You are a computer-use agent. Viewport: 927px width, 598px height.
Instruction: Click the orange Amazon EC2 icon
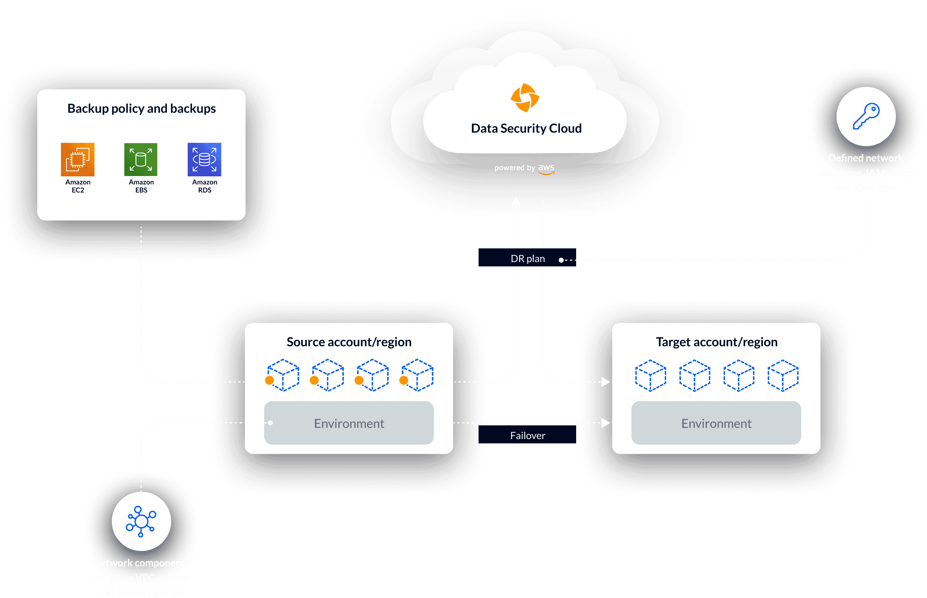click(78, 160)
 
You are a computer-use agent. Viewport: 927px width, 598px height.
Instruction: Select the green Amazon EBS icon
click(141, 160)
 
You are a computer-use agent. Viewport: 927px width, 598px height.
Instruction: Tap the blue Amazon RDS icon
click(204, 160)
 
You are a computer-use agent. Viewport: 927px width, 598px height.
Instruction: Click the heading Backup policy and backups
click(141, 108)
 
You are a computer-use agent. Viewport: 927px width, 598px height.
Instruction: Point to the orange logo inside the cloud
click(525, 97)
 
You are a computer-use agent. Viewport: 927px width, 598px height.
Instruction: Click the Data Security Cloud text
click(526, 129)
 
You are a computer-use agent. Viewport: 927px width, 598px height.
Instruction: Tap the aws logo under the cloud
click(546, 169)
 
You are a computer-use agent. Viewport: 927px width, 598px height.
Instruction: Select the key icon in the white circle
click(866, 116)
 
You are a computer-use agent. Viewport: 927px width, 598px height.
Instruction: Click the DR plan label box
click(527, 258)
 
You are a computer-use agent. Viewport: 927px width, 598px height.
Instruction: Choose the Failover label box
click(527, 435)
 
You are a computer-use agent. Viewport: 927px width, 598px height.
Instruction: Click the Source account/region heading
click(349, 342)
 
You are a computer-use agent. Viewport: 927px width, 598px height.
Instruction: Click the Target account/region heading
click(716, 342)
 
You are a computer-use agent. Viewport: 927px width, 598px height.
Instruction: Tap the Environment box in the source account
click(349, 423)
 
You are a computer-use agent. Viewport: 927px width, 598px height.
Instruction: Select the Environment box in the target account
click(716, 423)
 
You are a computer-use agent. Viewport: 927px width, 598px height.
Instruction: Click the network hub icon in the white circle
click(141, 521)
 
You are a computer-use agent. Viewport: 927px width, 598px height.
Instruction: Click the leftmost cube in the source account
click(283, 375)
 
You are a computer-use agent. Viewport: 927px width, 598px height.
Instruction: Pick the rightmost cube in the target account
click(783, 375)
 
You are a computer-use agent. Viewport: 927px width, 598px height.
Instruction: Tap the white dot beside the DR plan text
click(561, 260)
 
